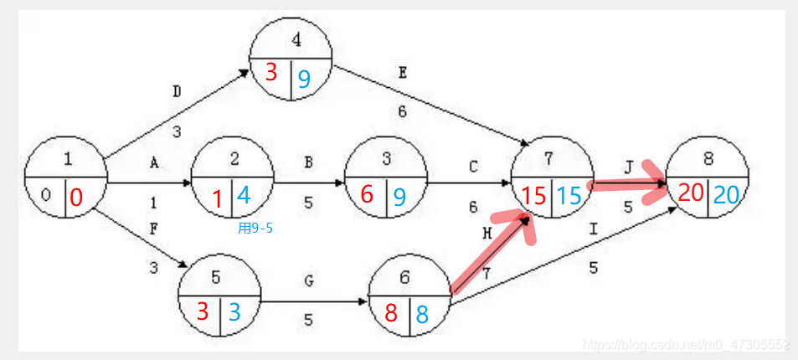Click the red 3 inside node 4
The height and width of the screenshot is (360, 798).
(x=270, y=74)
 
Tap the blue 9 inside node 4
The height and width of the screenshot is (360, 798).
(x=304, y=79)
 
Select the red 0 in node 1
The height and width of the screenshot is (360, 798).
(x=76, y=198)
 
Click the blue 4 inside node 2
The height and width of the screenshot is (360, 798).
(x=244, y=195)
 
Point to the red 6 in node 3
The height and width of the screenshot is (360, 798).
(x=367, y=194)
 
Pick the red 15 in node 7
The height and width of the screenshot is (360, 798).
(x=533, y=197)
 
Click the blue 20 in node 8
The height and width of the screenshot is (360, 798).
(x=726, y=194)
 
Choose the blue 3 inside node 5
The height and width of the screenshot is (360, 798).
(x=234, y=312)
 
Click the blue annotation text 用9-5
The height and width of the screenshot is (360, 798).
(x=255, y=227)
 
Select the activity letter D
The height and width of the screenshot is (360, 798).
(x=176, y=91)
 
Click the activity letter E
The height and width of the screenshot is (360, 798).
(x=402, y=73)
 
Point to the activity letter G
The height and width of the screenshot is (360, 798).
(x=309, y=280)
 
